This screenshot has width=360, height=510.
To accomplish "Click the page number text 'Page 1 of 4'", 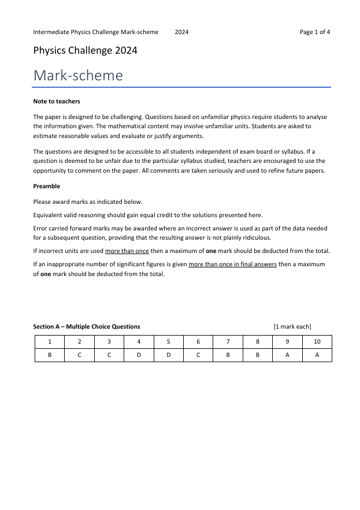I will pyautogui.click(x=314, y=32).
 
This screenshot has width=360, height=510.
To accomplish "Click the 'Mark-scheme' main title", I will pyautogui.click(x=78, y=76).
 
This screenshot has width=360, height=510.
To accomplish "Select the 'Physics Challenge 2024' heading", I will pyautogui.click(x=85, y=51).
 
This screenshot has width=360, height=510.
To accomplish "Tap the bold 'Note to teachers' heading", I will pyautogui.click(x=57, y=102).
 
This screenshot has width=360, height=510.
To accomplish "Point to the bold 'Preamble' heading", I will pyautogui.click(x=47, y=187).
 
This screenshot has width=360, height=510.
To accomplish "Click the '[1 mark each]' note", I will pyautogui.click(x=292, y=327).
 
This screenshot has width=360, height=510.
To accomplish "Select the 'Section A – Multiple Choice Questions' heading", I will pyautogui.click(x=87, y=327).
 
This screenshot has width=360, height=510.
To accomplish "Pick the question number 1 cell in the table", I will pyautogui.click(x=50, y=342).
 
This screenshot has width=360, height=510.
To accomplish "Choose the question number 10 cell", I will pyautogui.click(x=317, y=342).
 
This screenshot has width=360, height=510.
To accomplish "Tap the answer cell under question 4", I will pyautogui.click(x=139, y=355).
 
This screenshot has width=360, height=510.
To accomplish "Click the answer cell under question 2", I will pyautogui.click(x=79, y=355).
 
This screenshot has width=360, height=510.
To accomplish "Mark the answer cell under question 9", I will pyautogui.click(x=287, y=355).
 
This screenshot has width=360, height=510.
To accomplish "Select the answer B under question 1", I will pyautogui.click(x=50, y=355).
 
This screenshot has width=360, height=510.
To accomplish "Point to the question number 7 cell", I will pyautogui.click(x=228, y=342).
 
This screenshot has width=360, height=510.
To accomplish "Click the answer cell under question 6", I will pyautogui.click(x=198, y=355).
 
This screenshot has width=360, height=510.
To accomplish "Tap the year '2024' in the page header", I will pyautogui.click(x=181, y=32).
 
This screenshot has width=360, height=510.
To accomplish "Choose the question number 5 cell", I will pyautogui.click(x=168, y=342).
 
